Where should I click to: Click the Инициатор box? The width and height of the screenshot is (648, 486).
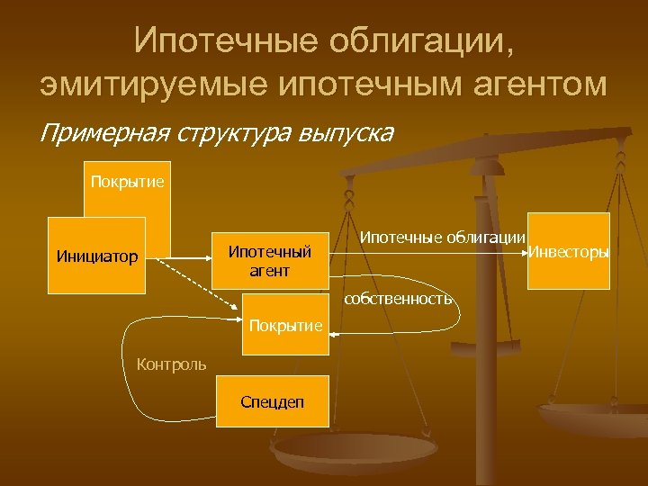[x=96, y=256]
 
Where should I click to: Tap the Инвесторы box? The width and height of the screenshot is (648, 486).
[x=568, y=251]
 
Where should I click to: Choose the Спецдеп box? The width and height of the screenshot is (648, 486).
[x=272, y=400]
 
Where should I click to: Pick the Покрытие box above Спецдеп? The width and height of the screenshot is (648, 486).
[x=285, y=325]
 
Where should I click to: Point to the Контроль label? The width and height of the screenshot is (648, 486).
[x=170, y=364]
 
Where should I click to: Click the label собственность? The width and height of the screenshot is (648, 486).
[x=397, y=299]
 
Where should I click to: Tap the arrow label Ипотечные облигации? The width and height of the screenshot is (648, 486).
[x=442, y=237]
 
